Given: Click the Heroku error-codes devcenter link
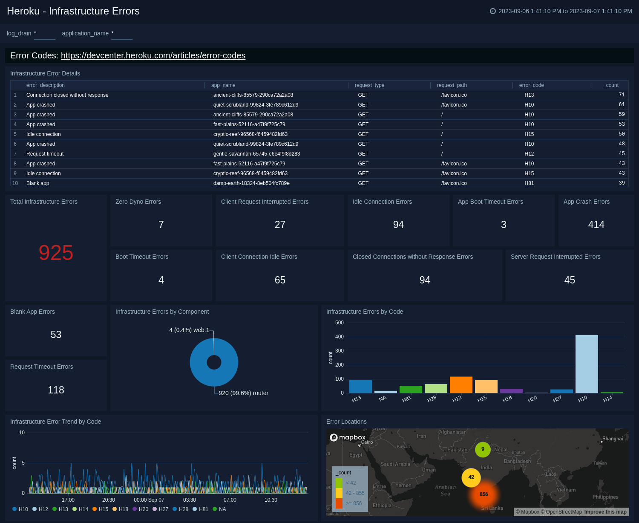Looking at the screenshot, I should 153,55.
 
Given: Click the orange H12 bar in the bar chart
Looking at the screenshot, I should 461,384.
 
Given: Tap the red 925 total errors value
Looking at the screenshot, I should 56,253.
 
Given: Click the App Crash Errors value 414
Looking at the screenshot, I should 596,225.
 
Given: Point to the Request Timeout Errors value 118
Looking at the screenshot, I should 56,390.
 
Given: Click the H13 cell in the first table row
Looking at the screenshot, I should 529,95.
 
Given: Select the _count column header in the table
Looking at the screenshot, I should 611,85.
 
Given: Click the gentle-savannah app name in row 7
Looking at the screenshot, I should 256,154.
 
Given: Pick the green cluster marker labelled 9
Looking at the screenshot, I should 483,449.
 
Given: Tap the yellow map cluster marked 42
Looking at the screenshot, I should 471,477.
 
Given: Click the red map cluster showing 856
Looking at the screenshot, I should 484,494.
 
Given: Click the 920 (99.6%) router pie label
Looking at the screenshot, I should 243,393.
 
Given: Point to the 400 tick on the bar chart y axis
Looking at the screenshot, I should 339,337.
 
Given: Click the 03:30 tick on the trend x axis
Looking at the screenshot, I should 190,500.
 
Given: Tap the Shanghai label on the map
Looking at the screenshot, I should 612,439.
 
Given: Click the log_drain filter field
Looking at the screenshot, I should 44,34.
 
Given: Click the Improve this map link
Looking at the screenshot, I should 605,512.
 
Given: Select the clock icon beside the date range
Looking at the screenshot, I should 493,11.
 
